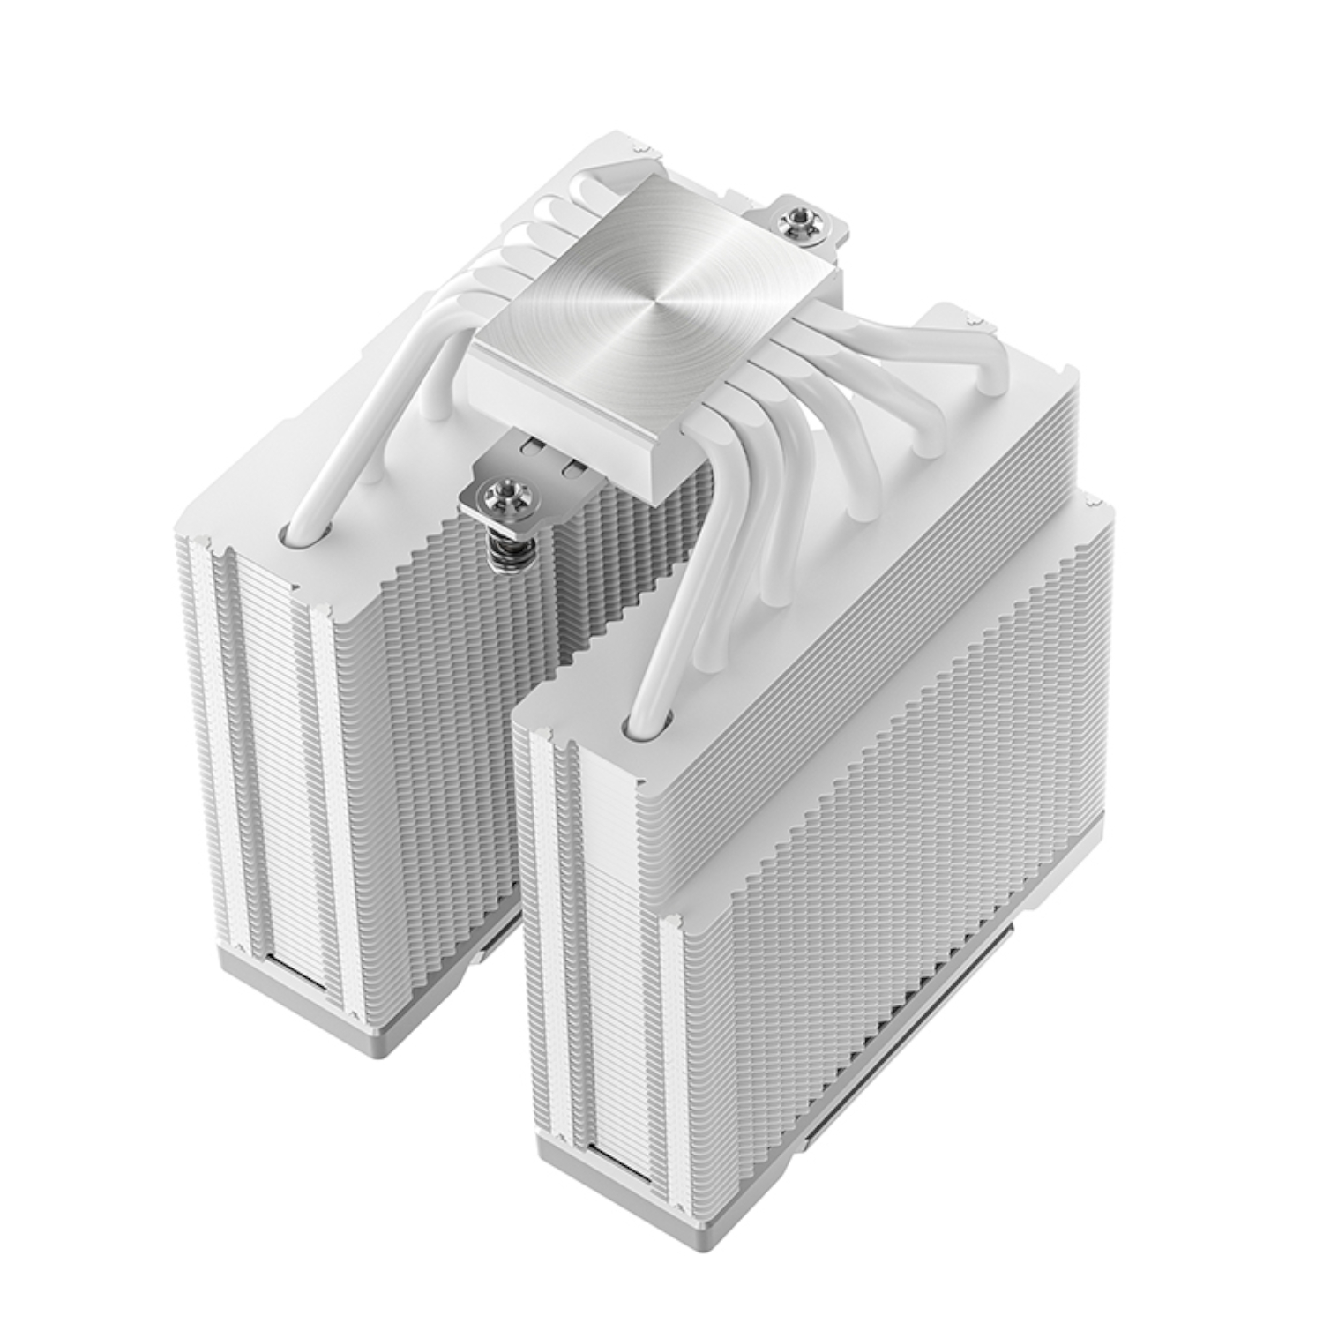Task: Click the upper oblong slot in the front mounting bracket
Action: pyautogui.click(x=534, y=446)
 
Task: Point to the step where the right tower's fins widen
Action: pyautogui.click(x=1058, y=507)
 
